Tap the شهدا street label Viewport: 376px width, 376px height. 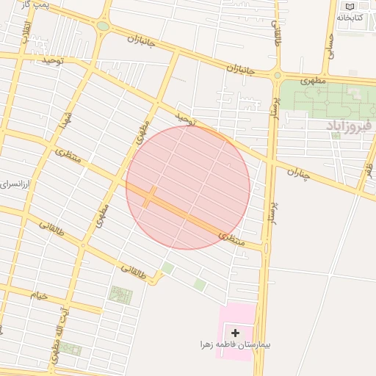pos(65,117)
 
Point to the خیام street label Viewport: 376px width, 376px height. pos(38,295)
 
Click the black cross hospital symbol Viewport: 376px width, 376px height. pos(235,333)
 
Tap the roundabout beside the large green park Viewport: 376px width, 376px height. pos(277,75)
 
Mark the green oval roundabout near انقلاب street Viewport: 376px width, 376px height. pos(103,26)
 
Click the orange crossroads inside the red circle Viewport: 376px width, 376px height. pos(149,196)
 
